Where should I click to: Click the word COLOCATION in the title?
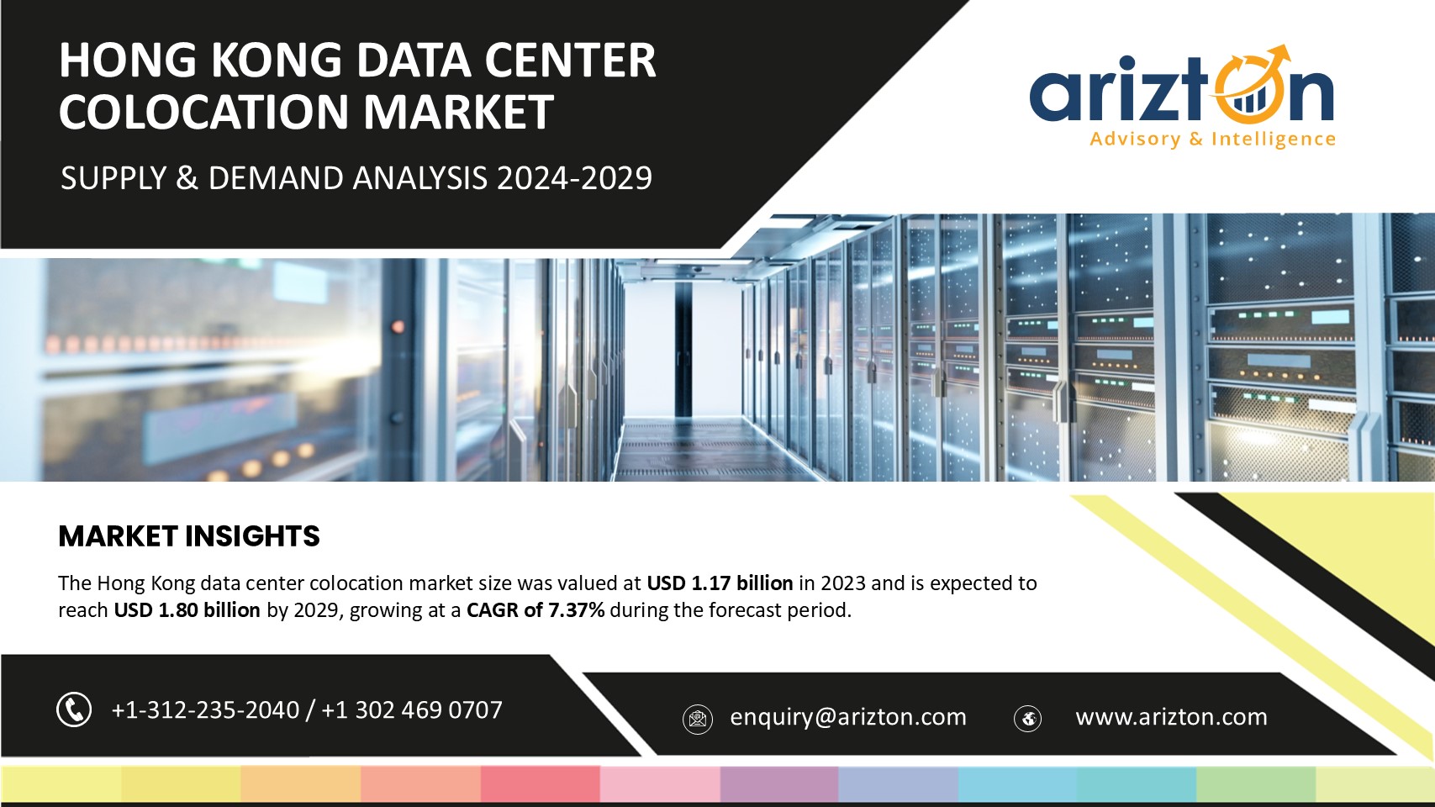(204, 112)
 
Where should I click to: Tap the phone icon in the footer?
(74, 709)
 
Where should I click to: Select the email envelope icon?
(698, 719)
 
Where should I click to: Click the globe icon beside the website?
(1027, 718)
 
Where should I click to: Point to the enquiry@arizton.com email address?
(848, 717)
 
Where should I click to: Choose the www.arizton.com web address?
(1171, 717)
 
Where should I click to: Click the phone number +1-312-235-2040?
(205, 709)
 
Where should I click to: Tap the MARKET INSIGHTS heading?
(189, 536)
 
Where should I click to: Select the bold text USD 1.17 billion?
(720, 583)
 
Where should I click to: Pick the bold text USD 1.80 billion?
(187, 609)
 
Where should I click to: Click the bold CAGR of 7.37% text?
(535, 609)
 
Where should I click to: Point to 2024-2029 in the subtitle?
(574, 178)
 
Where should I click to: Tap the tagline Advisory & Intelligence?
(1213, 139)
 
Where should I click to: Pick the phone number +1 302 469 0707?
(411, 709)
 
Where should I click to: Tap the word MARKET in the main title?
(459, 112)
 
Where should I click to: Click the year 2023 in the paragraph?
(842, 583)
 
